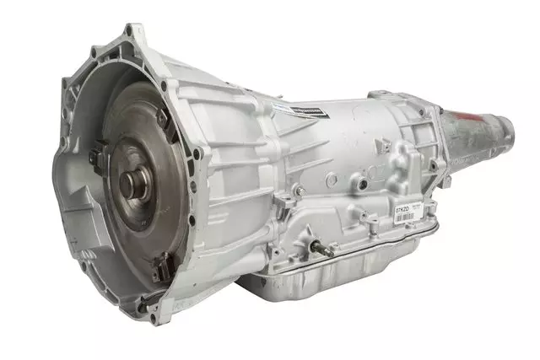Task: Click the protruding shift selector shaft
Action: [x=321, y=247]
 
